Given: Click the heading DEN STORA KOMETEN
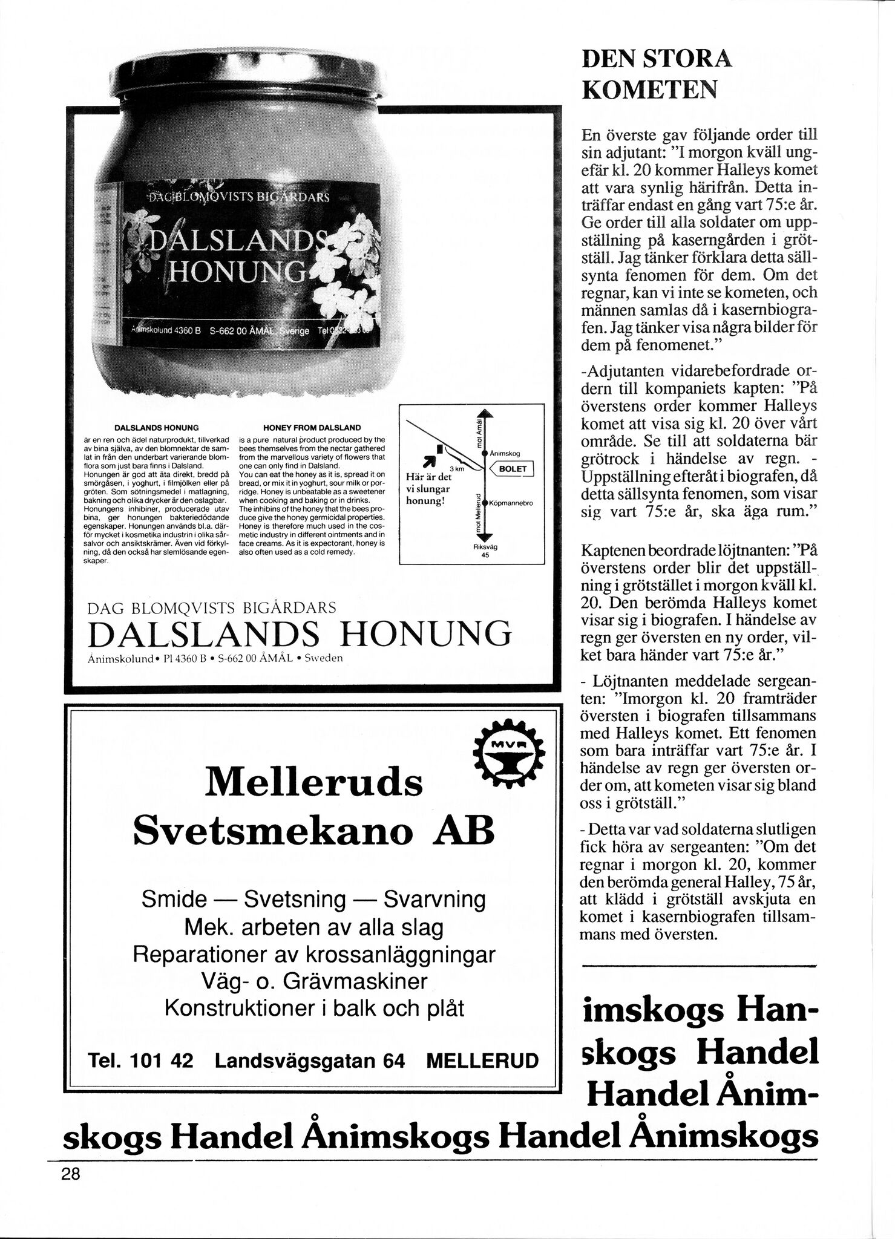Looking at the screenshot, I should pos(657,75).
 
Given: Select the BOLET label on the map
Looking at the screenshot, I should pos(513,469).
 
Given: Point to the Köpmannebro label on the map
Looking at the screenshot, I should pos(511,503).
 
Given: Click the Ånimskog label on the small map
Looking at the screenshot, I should pos(505,453).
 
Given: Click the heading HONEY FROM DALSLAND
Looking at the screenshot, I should pos(312,427).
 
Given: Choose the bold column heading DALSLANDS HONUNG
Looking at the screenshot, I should pos(157,427).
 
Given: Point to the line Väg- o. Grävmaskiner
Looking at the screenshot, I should pos(314,981).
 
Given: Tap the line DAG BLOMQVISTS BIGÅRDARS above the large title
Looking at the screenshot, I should pos(212,607).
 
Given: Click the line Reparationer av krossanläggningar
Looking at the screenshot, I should pos(314,954).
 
